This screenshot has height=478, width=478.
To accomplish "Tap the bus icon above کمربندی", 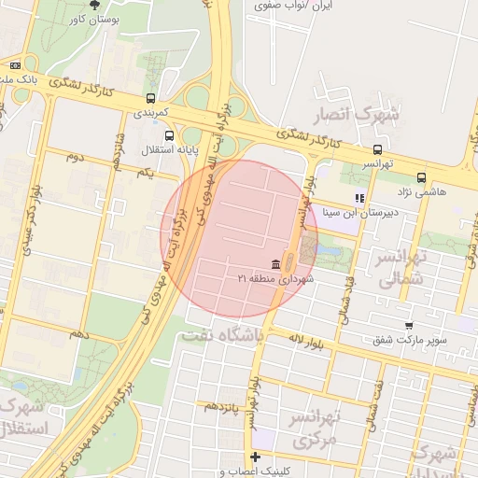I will click(x=151, y=97).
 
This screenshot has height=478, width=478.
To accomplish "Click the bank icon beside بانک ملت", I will click(x=15, y=65).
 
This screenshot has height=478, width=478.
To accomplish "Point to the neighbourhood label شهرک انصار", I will click(x=366, y=116).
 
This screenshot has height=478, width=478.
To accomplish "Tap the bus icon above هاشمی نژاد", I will click(x=422, y=177).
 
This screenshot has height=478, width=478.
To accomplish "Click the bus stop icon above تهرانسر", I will click(x=377, y=149).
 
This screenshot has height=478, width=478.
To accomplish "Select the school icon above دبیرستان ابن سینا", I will click(x=359, y=198).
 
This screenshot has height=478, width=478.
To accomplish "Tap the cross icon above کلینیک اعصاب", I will click(x=255, y=457).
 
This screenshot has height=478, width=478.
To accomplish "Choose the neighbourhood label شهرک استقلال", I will click(x=26, y=419).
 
